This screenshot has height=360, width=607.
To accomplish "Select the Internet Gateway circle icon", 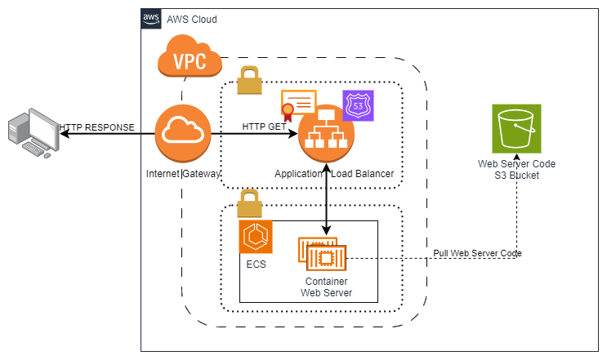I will (x=183, y=133).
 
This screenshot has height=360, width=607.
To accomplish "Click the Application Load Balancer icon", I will (x=327, y=133).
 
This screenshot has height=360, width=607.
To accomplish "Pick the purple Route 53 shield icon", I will (x=358, y=106).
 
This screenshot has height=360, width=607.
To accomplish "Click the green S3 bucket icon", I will (x=516, y=129).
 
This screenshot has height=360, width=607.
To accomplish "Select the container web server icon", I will (x=322, y=255).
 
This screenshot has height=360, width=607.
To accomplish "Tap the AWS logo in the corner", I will (x=151, y=18).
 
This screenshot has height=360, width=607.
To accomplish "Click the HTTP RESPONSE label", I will (x=96, y=127).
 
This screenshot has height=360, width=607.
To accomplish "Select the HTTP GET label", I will (x=262, y=127).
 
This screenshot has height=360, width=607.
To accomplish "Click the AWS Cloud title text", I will (x=192, y=19).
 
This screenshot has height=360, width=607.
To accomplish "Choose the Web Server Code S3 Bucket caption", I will (x=516, y=169).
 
